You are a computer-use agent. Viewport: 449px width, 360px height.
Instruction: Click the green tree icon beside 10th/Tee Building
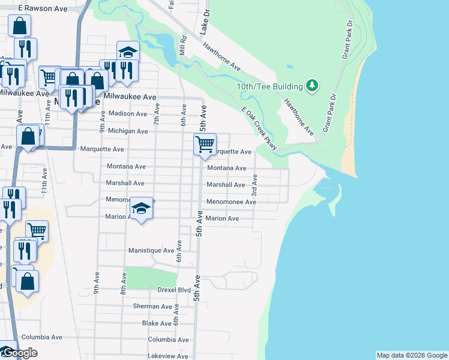tap(312, 86)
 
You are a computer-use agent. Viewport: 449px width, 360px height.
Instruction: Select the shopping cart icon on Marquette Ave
tap(205, 145)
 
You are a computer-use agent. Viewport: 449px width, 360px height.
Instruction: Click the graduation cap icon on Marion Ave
tap(141, 209)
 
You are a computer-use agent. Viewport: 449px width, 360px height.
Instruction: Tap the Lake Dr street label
tap(205, 21)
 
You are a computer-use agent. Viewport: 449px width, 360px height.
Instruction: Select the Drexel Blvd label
tap(174, 290)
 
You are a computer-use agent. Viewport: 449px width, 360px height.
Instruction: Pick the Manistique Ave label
tap(151, 250)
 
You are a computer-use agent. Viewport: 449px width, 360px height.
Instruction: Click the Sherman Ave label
tap(152, 306)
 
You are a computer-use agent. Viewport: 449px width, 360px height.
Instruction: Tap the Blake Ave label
tap(157, 323)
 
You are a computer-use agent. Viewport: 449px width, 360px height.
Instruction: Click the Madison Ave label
tap(128, 114)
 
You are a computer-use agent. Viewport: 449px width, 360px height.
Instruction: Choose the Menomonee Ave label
tap(231, 202)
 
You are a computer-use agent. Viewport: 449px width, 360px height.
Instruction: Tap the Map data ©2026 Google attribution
tap(412, 355)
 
